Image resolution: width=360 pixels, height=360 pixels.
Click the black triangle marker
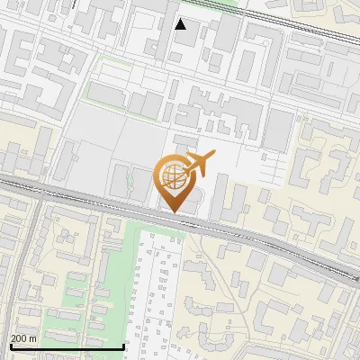click(x=181, y=24)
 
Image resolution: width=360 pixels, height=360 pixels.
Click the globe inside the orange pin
click(x=173, y=178)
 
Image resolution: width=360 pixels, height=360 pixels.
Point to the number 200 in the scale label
click(x=19, y=338)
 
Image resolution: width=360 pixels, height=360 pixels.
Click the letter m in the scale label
click(x=32, y=338)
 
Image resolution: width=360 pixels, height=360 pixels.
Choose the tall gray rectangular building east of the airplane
click(x=277, y=130)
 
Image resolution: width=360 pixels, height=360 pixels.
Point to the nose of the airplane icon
click(x=213, y=157)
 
